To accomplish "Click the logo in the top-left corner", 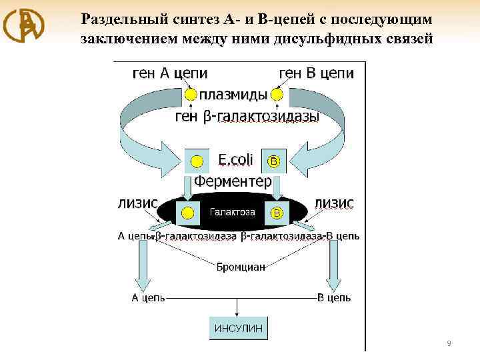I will pos(24,25).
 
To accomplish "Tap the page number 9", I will pos(449,343).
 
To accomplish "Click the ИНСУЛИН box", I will pos(239,328).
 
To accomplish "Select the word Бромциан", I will pos(241,267).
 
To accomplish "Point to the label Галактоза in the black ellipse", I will pos(233,212).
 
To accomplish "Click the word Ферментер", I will pos(233,181).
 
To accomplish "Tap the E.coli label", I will pos(236,160).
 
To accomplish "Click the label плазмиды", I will pos(234,95).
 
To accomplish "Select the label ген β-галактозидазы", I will pos(247,117).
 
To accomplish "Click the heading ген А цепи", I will pos(169,72).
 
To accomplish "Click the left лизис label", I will pos(137,202).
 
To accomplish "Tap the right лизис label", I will pos(333,202).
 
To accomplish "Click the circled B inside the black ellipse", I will pos(275,213).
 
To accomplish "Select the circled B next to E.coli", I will pos(273,161).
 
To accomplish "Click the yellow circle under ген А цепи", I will pos(191,95).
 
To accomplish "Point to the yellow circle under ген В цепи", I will pos(277,95).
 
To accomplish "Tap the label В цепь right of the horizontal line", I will pos(333,298).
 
